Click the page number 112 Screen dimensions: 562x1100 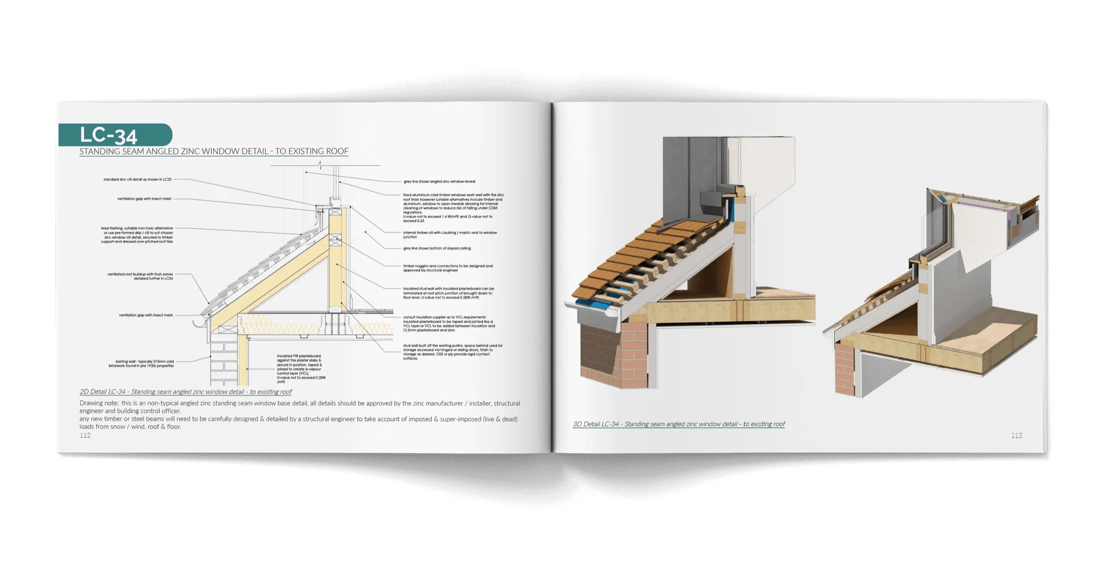pos(85,436)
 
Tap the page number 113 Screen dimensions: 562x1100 pos(1016,436)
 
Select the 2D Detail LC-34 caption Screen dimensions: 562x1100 pos(185,392)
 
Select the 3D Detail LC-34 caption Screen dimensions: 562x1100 pos(679,424)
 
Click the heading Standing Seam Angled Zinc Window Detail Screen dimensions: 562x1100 pos(213,151)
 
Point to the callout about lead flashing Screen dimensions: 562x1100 pos(137,235)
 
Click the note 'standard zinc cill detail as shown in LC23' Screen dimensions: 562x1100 pos(137,179)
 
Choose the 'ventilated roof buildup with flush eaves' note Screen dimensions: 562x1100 pos(140,276)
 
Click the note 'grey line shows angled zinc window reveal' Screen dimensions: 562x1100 pos(439,181)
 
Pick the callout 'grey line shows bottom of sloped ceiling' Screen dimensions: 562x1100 pos(437,249)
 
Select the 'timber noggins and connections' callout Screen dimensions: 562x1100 pos(447,268)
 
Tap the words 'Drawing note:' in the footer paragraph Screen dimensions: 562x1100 pos(98,404)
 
